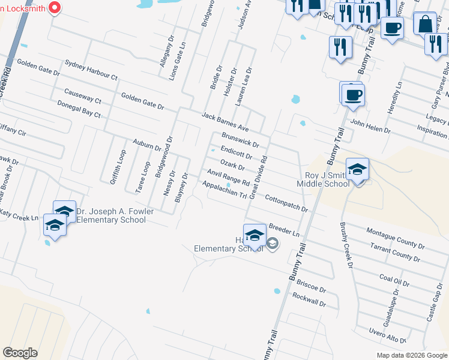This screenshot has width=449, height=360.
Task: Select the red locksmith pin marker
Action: click(x=55, y=8)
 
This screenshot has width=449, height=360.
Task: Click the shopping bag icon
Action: click(x=425, y=25)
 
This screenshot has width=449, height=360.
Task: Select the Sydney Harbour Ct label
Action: click(x=91, y=70)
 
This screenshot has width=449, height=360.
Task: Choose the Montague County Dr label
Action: click(x=394, y=238)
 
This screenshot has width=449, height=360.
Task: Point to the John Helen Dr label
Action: click(x=370, y=126)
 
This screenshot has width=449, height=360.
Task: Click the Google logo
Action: click(x=20, y=352)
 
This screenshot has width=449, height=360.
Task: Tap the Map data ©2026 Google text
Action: click(x=411, y=355)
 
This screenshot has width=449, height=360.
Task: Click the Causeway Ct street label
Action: click(x=82, y=95)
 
